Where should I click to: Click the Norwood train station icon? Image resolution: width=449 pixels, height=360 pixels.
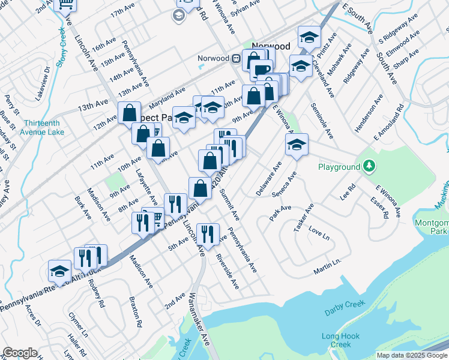click(x=237, y=58)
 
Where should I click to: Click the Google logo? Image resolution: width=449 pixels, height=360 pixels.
click(x=20, y=353)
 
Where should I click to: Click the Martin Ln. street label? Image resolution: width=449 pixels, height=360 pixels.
click(x=327, y=266)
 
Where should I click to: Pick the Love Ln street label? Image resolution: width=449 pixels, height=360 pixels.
click(x=319, y=233)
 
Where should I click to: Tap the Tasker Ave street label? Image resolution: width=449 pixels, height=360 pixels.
click(x=306, y=219)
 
